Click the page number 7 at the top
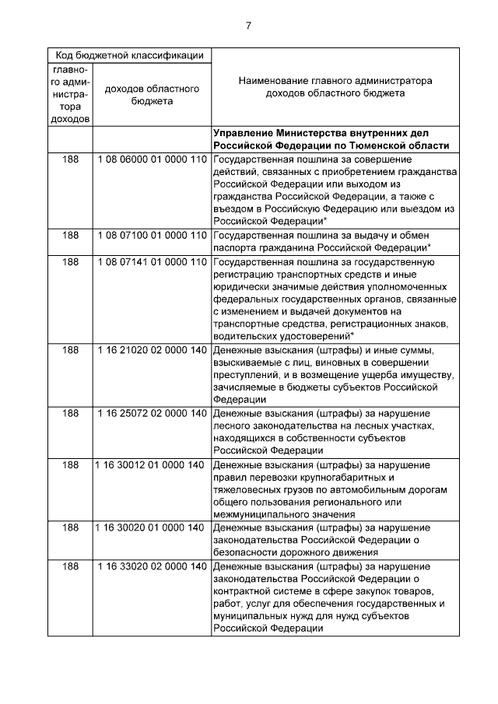(248, 25)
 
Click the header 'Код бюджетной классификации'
(129, 55)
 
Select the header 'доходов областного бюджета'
(152, 95)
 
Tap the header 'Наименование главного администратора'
(335, 80)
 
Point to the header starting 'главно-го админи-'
(70, 95)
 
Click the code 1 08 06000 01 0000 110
(152, 159)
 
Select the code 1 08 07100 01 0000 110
(152, 234)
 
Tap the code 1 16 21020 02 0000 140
(152, 350)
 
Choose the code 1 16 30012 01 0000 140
(152, 464)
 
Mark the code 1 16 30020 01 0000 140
(152, 527)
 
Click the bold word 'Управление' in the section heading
(242, 133)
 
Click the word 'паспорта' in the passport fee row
(235, 247)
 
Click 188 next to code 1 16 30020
(70, 527)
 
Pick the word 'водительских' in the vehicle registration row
(244, 335)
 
